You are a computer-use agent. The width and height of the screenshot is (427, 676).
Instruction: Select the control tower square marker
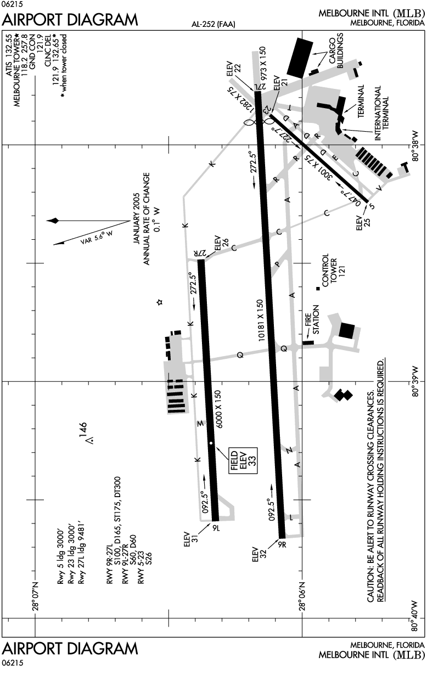point(317,289)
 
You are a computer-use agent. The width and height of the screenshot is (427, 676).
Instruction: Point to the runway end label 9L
point(215,528)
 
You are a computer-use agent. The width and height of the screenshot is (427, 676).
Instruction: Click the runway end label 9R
point(283,545)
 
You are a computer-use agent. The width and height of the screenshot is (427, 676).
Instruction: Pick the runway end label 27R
point(199,252)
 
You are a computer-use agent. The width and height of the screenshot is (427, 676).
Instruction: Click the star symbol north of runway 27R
point(160,302)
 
